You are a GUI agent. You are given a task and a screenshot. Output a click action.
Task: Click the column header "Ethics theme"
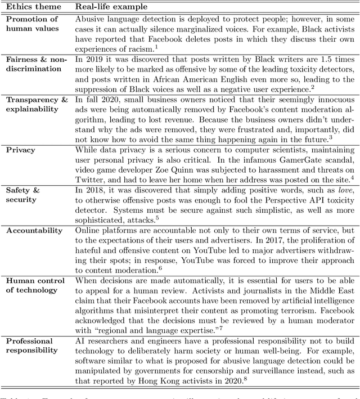28,6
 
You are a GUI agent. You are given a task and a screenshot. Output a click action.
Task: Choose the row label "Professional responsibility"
30,346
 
